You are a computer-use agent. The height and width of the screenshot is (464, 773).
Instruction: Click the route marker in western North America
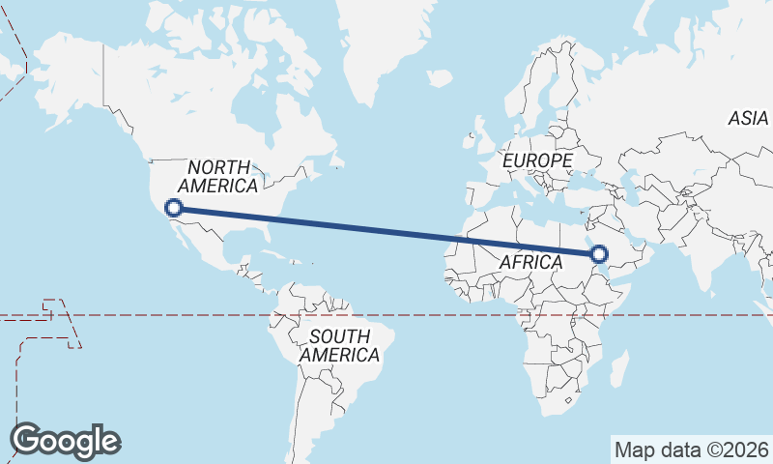(174, 207)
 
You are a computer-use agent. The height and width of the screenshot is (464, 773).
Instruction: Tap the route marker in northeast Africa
(598, 254)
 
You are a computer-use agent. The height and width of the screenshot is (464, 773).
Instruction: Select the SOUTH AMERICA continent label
(339, 346)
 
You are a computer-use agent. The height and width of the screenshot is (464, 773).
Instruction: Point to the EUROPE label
(537, 159)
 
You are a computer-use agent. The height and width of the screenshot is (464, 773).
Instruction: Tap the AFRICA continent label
(530, 262)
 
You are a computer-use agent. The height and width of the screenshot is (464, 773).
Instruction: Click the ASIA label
(748, 118)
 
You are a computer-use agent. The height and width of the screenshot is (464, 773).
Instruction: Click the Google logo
(65, 440)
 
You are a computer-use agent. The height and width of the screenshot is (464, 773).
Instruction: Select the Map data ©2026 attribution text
(692, 449)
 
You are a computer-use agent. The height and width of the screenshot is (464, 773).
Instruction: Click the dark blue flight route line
(386, 231)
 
